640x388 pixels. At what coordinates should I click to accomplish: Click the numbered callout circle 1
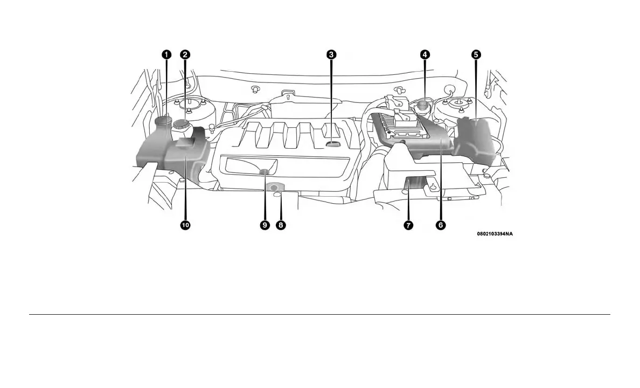(166, 54)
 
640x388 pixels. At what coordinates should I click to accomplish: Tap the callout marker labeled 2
(185, 54)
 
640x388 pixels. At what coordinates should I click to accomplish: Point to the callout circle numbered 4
(425, 54)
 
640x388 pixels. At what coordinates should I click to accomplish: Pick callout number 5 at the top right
(476, 54)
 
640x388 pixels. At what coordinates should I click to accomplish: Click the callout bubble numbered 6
(441, 225)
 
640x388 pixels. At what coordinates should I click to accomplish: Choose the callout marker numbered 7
(408, 225)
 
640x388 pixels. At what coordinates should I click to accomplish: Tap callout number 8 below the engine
(280, 225)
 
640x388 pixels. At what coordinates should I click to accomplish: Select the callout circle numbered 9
(265, 225)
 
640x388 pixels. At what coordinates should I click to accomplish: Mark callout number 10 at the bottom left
(185, 225)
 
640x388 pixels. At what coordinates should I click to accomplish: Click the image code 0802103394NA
(495, 234)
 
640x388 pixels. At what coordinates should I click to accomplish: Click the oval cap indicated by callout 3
(333, 144)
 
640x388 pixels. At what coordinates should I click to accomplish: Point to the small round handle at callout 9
(265, 172)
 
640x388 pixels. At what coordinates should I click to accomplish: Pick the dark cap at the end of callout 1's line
(162, 120)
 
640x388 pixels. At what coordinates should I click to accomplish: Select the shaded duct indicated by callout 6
(431, 139)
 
